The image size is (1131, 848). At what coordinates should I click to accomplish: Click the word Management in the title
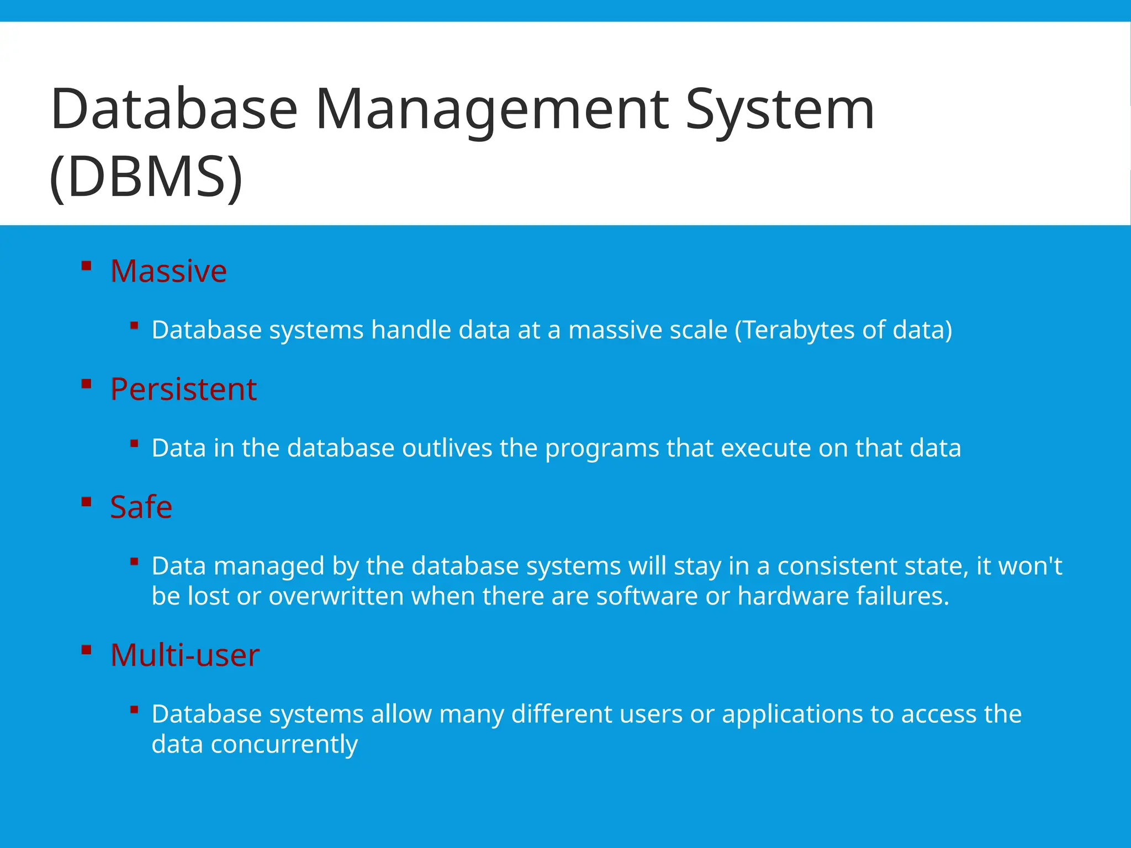pyautogui.click(x=491, y=110)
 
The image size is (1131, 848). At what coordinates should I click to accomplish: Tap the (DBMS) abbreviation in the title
pyautogui.click(x=146, y=177)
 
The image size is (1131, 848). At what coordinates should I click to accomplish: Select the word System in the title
pyautogui.click(x=780, y=110)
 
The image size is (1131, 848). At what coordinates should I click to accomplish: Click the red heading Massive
pyautogui.click(x=168, y=271)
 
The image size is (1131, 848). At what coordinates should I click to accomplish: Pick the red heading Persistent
pyautogui.click(x=183, y=389)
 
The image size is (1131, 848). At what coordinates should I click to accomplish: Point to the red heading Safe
pyautogui.click(x=141, y=507)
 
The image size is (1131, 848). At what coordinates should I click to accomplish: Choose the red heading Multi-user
pyautogui.click(x=184, y=655)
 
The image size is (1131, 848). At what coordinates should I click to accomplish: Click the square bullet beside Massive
pyautogui.click(x=86, y=266)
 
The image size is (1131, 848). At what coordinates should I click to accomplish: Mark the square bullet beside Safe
pyautogui.click(x=86, y=502)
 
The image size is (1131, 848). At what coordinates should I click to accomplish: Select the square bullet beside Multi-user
pyautogui.click(x=86, y=650)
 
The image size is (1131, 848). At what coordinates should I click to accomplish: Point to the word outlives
pyautogui.click(x=447, y=448)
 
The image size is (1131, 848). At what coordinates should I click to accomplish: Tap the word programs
pyautogui.click(x=602, y=449)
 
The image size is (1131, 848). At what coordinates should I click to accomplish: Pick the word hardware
pyautogui.click(x=793, y=596)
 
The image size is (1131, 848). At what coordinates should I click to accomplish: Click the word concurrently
pyautogui.click(x=284, y=745)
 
